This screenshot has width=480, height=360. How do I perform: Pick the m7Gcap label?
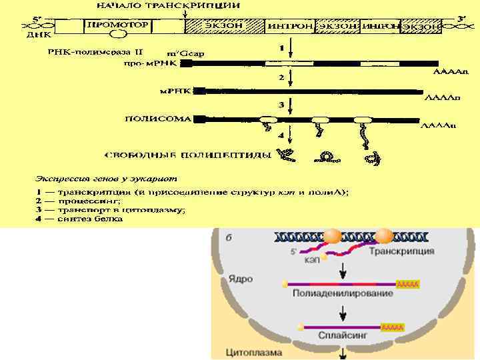pyautogui.click(x=189, y=53)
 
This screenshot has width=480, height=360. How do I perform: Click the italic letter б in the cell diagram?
pyautogui.click(x=229, y=239)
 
